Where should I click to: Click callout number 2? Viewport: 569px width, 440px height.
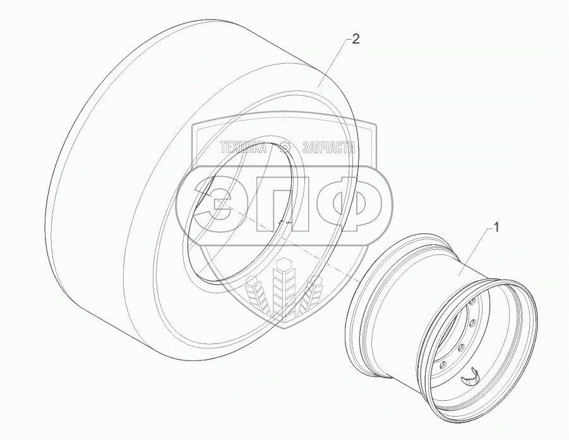click(356, 39)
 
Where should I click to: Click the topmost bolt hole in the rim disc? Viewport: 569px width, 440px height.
click(472, 302)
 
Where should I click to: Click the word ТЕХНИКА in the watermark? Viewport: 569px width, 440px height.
click(243, 148)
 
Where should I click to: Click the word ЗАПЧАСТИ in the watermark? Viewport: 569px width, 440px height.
click(328, 148)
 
